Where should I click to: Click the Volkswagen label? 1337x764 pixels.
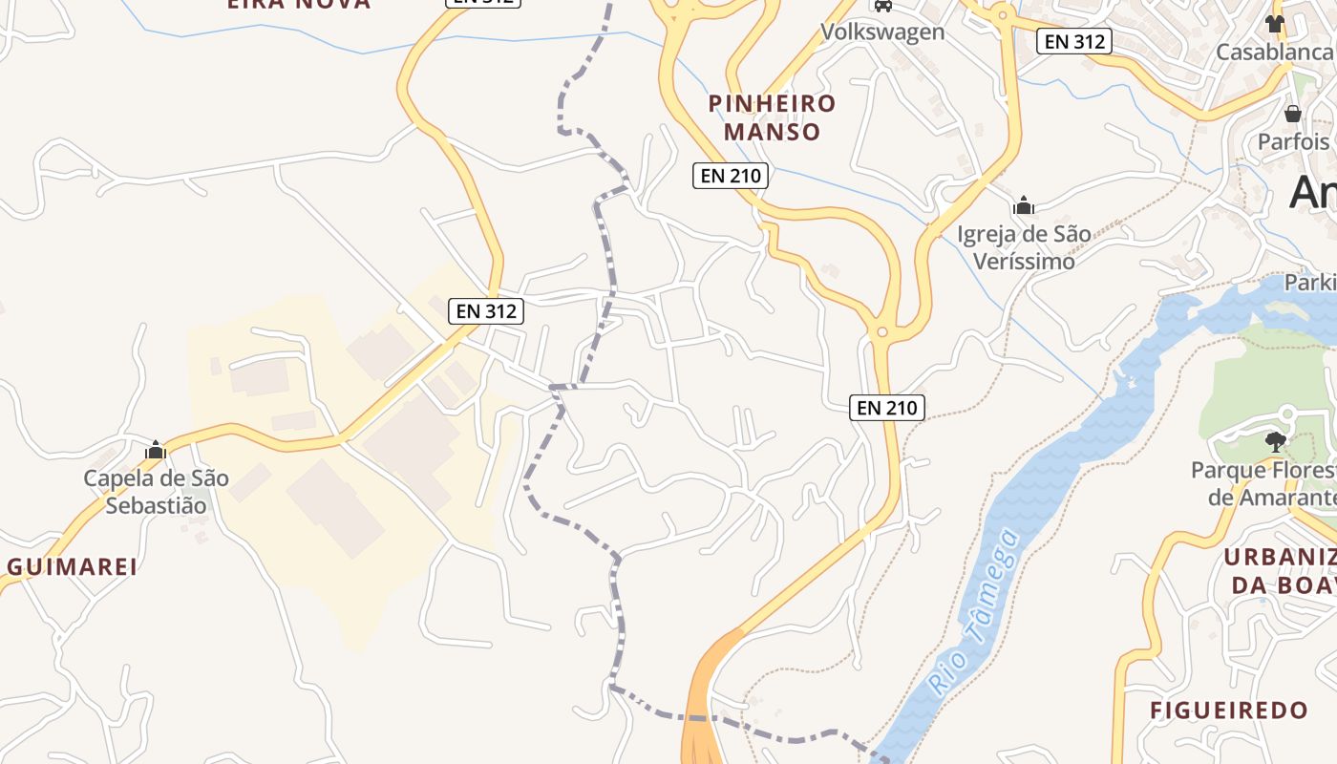tap(882, 32)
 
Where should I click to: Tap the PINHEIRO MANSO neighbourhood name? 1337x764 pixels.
tap(772, 117)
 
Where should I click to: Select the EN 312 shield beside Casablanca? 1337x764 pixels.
tap(1074, 41)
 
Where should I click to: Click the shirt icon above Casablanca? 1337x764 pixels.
tap(1275, 24)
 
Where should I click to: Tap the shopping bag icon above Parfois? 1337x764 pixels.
tap(1293, 114)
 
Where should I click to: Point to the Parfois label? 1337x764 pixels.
tap(1294, 141)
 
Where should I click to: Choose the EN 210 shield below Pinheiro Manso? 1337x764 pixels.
tap(731, 176)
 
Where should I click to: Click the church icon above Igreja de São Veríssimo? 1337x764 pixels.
tap(1024, 205)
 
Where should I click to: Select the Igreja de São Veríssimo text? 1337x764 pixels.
tap(1024, 247)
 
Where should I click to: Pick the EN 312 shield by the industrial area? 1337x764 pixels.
tap(486, 310)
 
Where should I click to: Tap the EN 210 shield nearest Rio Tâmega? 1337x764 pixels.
tap(887, 408)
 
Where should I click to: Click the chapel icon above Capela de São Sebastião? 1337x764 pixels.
tap(156, 450)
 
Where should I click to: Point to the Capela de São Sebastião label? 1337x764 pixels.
tap(156, 492)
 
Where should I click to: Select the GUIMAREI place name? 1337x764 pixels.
tap(73, 566)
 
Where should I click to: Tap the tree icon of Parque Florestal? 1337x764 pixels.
tap(1274, 440)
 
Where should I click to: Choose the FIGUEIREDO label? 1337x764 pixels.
tap(1228, 711)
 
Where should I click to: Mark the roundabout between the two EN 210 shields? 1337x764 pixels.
tap(881, 332)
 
